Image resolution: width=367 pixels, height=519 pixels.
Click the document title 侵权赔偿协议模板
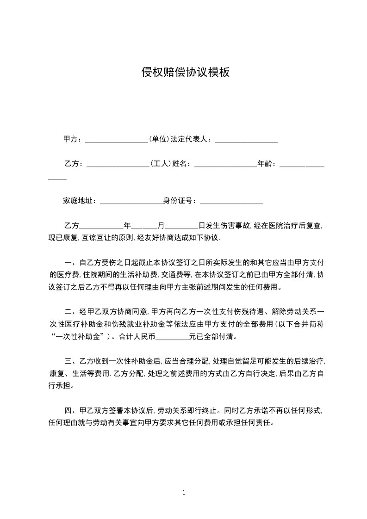point(185,72)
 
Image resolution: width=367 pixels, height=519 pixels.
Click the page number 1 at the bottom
point(184,493)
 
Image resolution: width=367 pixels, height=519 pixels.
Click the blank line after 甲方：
point(116,139)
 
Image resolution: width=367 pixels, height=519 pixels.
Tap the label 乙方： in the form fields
point(74,164)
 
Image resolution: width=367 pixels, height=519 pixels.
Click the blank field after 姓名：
point(225,164)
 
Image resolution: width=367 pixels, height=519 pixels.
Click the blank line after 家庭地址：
point(131,201)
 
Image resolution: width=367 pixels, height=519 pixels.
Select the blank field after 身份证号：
point(231,201)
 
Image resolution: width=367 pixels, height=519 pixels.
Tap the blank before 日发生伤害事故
point(181,226)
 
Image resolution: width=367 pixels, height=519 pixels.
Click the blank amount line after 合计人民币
point(172,337)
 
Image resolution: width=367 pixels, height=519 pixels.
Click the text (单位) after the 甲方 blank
point(158,139)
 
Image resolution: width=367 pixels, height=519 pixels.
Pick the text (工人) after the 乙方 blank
point(160,164)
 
